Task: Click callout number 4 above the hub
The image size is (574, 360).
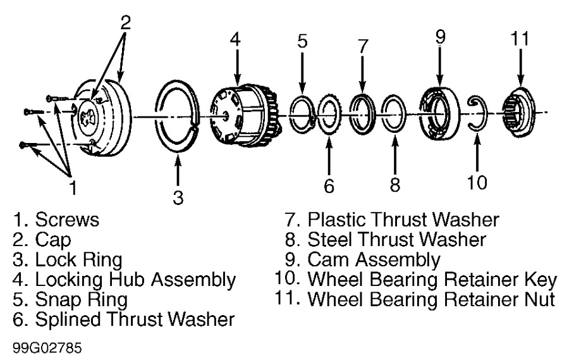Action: [x=235, y=39]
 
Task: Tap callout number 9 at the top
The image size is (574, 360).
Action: [x=441, y=37]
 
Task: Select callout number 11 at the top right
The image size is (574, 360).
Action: [x=520, y=38]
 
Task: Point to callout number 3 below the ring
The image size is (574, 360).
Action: [x=178, y=197]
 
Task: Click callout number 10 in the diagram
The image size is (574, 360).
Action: [x=478, y=182]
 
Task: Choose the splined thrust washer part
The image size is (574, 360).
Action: [x=329, y=115]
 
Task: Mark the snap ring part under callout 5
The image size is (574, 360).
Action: [x=303, y=114]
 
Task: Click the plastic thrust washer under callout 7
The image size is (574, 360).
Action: [x=362, y=113]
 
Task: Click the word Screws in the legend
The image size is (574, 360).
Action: [x=67, y=220]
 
